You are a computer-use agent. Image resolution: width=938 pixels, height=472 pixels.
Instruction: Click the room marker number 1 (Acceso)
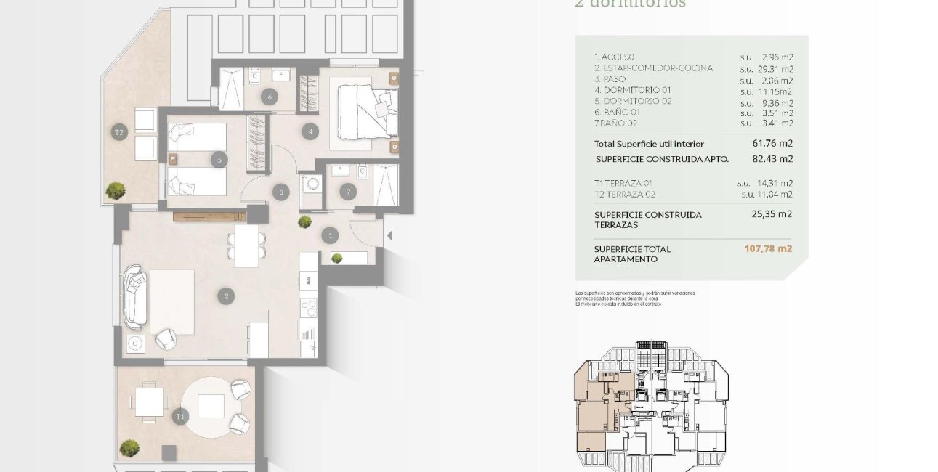click(331, 235)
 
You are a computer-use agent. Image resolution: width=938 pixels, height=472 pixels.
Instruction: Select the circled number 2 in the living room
click(227, 296)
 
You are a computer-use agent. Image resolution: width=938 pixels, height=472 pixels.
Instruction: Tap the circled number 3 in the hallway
click(282, 192)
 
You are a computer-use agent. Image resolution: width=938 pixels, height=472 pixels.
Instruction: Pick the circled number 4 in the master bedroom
click(311, 132)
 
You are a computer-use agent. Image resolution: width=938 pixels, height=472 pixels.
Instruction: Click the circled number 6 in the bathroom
click(270, 97)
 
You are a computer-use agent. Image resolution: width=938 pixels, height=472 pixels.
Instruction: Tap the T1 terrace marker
click(179, 417)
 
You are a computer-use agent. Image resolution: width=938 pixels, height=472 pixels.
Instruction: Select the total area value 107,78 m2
click(767, 248)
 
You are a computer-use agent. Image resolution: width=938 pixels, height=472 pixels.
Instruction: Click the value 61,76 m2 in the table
click(772, 144)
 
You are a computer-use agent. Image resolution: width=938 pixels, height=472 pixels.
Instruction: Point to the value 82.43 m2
click(772, 158)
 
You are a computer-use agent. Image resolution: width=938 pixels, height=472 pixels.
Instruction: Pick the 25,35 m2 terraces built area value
click(771, 214)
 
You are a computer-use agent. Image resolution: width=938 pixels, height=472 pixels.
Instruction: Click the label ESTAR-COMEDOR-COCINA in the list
click(653, 68)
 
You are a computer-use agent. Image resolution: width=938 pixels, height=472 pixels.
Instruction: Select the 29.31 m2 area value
click(771, 69)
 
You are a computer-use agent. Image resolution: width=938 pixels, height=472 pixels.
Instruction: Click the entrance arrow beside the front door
click(389, 235)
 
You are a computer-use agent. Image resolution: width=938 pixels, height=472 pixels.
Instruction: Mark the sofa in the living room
click(136, 298)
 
